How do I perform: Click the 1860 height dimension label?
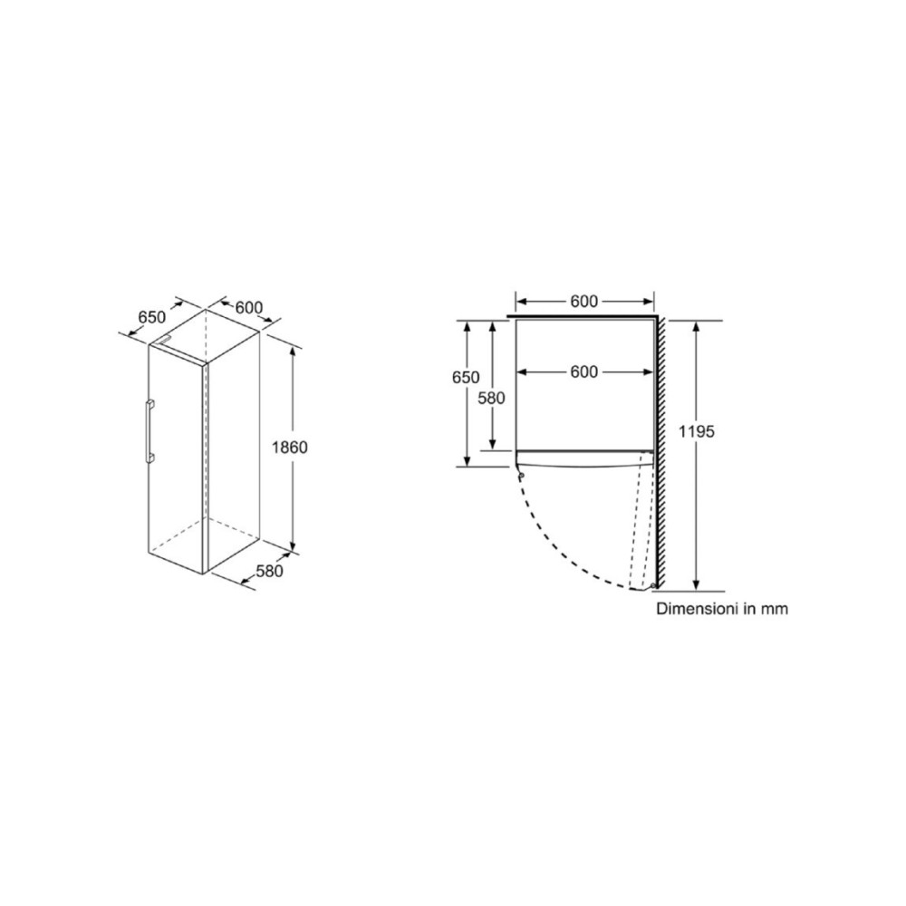coord(290,448)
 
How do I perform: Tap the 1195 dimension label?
coord(697,431)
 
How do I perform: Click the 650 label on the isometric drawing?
coord(152,317)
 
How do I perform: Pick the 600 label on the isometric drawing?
coord(250,308)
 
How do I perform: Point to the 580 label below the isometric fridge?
coord(270,571)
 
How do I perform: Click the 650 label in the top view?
coord(466,377)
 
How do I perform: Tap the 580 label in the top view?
coord(492,398)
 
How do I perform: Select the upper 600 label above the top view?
coord(584,302)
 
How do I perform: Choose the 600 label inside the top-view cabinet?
coord(584,372)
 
